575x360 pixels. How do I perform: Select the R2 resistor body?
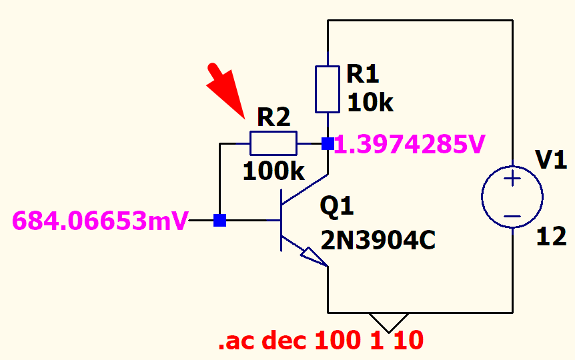273,143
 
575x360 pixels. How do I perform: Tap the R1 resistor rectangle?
328,89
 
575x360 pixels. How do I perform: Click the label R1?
362,75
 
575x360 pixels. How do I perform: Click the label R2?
273,118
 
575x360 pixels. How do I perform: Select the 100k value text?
273,171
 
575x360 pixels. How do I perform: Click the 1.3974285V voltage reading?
409,143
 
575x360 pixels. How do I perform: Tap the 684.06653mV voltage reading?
100,220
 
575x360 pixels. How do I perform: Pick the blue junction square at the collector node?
328,143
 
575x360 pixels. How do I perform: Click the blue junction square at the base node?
219,220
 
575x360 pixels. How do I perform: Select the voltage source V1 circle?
512,197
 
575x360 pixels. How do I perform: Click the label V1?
551,160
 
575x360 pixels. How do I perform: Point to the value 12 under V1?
551,236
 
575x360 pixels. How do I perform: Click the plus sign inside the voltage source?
512,179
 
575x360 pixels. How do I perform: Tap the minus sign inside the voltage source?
512,215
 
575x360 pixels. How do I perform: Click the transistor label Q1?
337,207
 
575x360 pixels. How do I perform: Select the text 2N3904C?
378,240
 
